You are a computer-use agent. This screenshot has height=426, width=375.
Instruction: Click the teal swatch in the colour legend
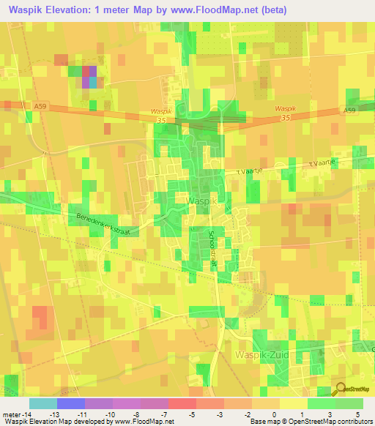[x=43, y=403]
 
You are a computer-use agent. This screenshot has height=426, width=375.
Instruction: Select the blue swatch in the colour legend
[x=71, y=403]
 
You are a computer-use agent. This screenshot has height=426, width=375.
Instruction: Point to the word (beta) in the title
[x=270, y=10]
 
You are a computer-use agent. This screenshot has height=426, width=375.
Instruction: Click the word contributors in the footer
[x=354, y=422]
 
